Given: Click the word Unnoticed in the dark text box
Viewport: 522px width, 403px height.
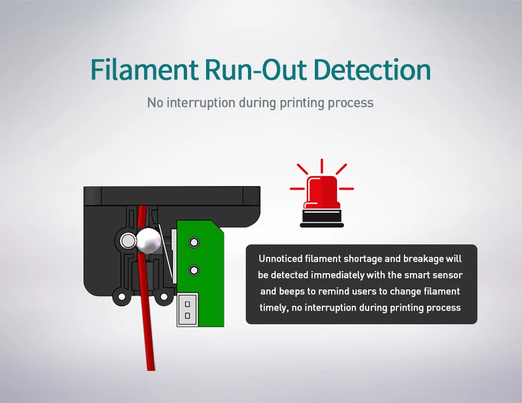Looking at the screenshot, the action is pyautogui.click(x=281, y=259).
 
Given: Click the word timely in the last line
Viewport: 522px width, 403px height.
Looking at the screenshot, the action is pyautogui.click(x=272, y=307).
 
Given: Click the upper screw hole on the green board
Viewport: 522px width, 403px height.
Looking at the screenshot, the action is pyautogui.click(x=192, y=241).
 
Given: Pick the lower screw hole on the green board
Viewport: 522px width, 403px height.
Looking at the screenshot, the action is pyautogui.click(x=192, y=270).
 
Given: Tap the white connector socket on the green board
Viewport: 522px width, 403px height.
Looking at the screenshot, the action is pyautogui.click(x=188, y=309).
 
